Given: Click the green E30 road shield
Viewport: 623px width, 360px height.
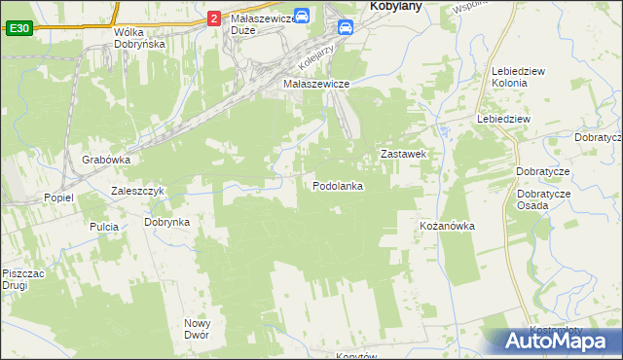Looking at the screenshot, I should coord(18,29).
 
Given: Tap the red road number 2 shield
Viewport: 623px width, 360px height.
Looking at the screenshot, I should coord(213,18).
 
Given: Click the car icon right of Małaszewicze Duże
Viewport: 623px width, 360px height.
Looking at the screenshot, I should coord(303,17).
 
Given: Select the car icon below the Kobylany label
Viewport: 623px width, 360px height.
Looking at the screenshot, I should coord(346,28).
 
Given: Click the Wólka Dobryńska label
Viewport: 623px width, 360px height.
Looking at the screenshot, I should coord(139,38).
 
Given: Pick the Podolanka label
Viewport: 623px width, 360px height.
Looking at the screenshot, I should coord(338,186).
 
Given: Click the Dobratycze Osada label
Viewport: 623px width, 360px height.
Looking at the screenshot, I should coord(544,199).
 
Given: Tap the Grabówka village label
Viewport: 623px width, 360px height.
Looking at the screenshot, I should coord(106,160).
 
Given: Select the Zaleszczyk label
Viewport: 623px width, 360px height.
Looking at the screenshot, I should coord(143,191).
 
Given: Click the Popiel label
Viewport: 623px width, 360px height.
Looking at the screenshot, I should coord(58,198).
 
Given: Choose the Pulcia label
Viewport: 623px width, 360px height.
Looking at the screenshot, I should coord(104,227).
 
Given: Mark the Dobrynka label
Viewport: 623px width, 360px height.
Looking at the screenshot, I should coord(166,222).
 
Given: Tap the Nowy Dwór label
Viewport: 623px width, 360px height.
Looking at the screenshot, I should coord(198,329).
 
